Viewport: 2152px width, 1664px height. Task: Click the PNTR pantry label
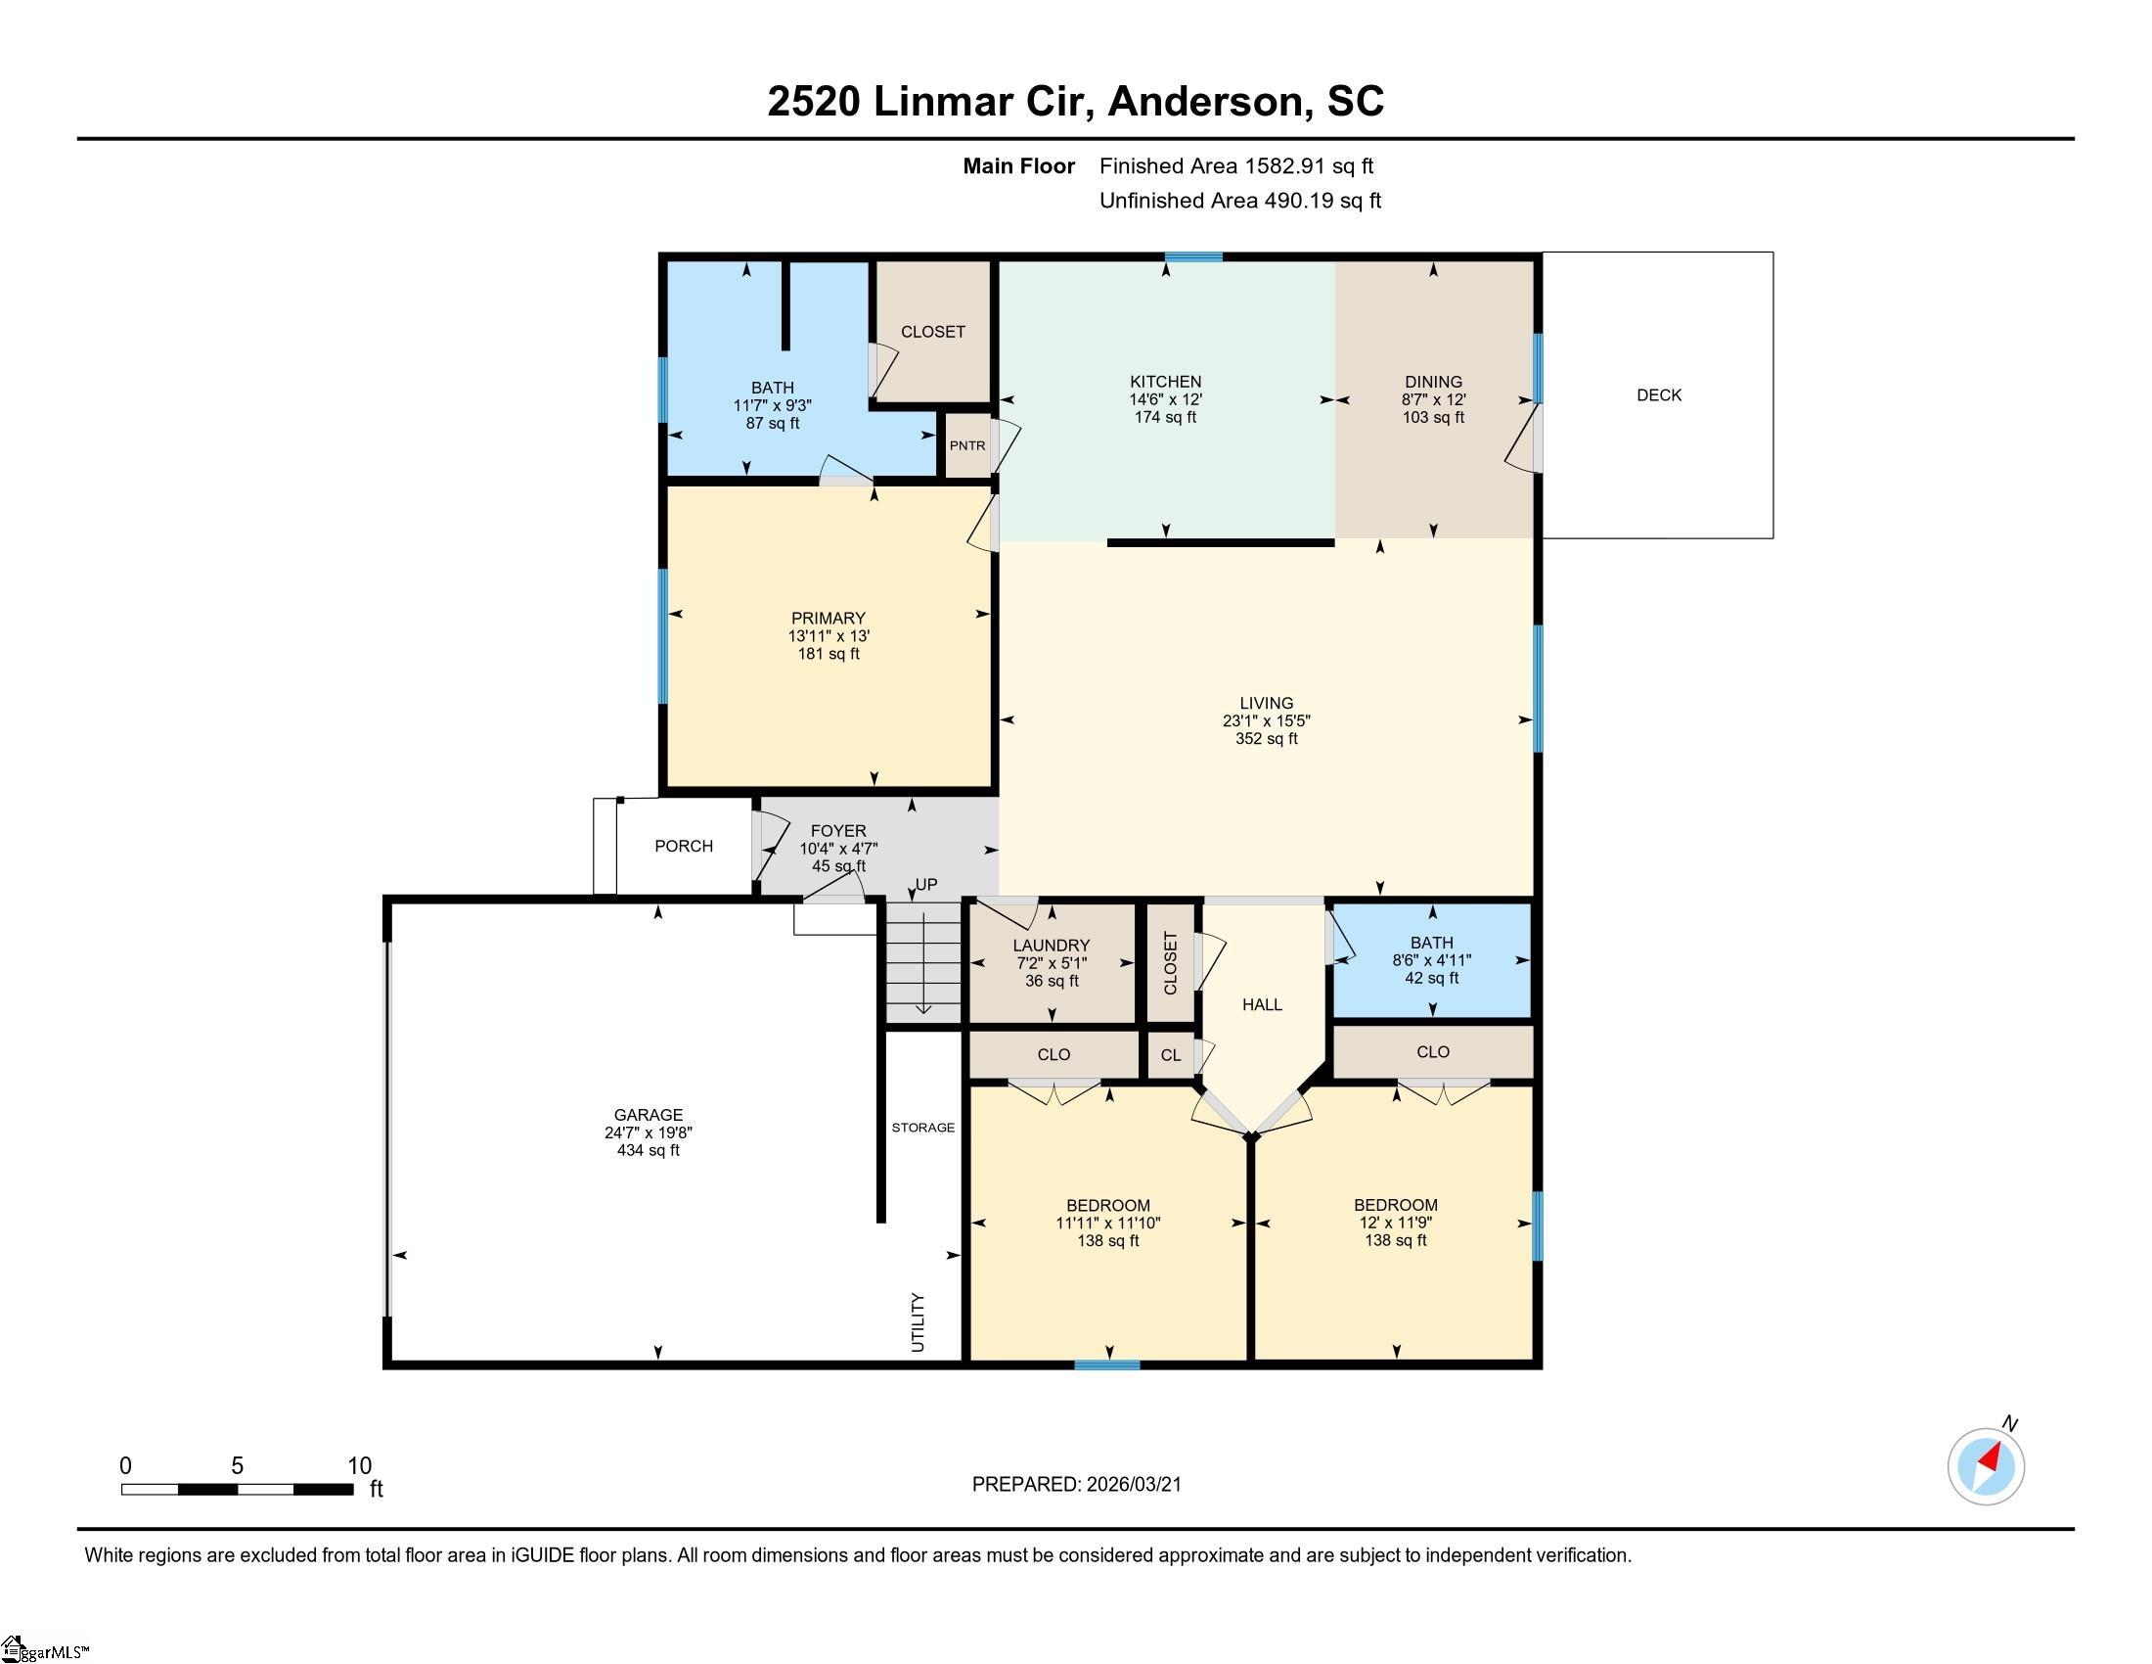click(x=966, y=445)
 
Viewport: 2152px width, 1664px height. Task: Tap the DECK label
click(x=1658, y=395)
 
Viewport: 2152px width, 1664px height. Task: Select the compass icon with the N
click(x=1986, y=1466)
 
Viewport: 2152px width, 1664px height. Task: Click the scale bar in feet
click(x=237, y=1489)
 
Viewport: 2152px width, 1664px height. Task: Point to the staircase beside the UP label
click(x=923, y=964)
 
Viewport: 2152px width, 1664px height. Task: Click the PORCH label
click(x=683, y=846)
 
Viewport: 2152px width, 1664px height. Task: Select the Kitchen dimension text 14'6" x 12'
click(x=1165, y=399)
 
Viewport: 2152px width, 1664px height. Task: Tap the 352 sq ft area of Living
click(x=1266, y=738)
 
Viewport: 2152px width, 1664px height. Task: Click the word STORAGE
click(x=922, y=1127)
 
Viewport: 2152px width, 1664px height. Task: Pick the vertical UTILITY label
click(x=918, y=1322)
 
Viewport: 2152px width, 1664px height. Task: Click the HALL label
click(x=1261, y=1004)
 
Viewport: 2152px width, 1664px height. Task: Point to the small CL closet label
click(x=1170, y=1055)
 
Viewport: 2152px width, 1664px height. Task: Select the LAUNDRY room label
click(x=1051, y=946)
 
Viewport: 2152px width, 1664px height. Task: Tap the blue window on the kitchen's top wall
click(x=1193, y=257)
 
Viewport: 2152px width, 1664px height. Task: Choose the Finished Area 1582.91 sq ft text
click(x=1235, y=166)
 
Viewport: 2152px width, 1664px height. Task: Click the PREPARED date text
click(x=1076, y=1484)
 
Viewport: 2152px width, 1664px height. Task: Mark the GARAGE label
click(x=648, y=1115)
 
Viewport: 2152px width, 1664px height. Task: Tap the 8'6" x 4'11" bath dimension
click(x=1431, y=960)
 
